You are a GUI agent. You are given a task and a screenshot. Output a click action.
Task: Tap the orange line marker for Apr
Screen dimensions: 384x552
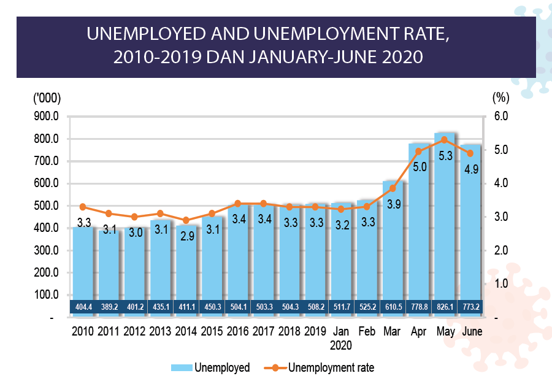(x=419, y=151)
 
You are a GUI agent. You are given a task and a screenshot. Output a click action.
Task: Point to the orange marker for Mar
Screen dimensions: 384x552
(x=393, y=188)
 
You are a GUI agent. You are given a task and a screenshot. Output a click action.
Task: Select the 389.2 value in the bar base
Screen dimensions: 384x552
(x=109, y=305)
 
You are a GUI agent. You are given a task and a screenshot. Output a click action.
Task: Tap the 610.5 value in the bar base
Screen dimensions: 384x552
(x=393, y=305)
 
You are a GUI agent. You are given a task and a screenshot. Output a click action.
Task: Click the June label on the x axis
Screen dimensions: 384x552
(x=472, y=332)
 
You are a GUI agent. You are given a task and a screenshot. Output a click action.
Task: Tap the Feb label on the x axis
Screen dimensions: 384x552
(x=366, y=332)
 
